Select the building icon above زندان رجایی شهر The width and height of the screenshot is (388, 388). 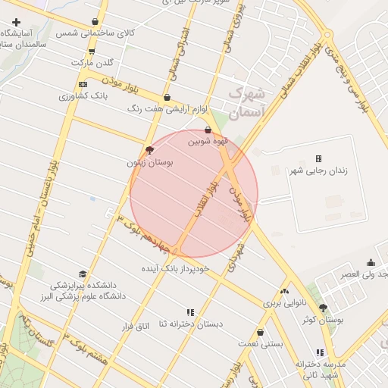[x=318, y=158]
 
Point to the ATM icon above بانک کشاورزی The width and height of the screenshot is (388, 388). [x=83, y=84]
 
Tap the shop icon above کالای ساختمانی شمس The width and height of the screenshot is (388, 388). [x=94, y=21]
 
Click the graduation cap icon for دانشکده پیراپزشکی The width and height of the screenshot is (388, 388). [x=82, y=274]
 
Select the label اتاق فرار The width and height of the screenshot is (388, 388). [x=138, y=326]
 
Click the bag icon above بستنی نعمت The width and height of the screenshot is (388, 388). [x=260, y=332]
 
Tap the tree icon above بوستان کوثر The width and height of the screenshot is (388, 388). [x=324, y=308]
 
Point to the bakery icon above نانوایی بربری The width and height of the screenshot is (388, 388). [x=284, y=291]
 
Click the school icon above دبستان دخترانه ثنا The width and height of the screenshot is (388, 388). [x=190, y=311]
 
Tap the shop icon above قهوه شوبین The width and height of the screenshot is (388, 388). [x=208, y=130]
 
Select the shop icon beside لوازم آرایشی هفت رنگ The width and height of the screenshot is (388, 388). [x=167, y=97]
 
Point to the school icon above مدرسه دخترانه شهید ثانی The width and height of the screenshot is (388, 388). [x=321, y=352]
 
